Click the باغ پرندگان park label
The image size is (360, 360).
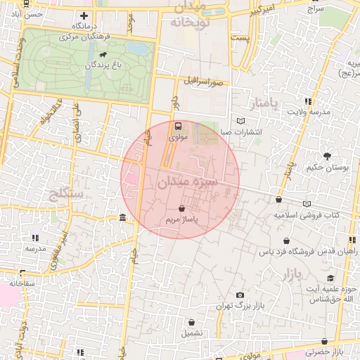pyautogui.click(x=109, y=65)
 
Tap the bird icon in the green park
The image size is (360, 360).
pyautogui.click(x=103, y=54)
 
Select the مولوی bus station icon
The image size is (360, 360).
pyautogui.click(x=177, y=127)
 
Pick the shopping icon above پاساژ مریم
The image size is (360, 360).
pyautogui.click(x=182, y=209)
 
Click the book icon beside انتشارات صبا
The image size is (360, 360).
pyautogui.click(x=241, y=121)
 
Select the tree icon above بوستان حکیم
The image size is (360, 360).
pyautogui.click(x=327, y=156)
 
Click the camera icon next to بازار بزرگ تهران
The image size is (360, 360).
pyautogui.click(x=240, y=295)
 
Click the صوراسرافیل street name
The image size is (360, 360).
pyautogui.click(x=204, y=82)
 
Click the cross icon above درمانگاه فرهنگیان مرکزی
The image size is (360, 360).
pyautogui.click(x=84, y=15)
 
